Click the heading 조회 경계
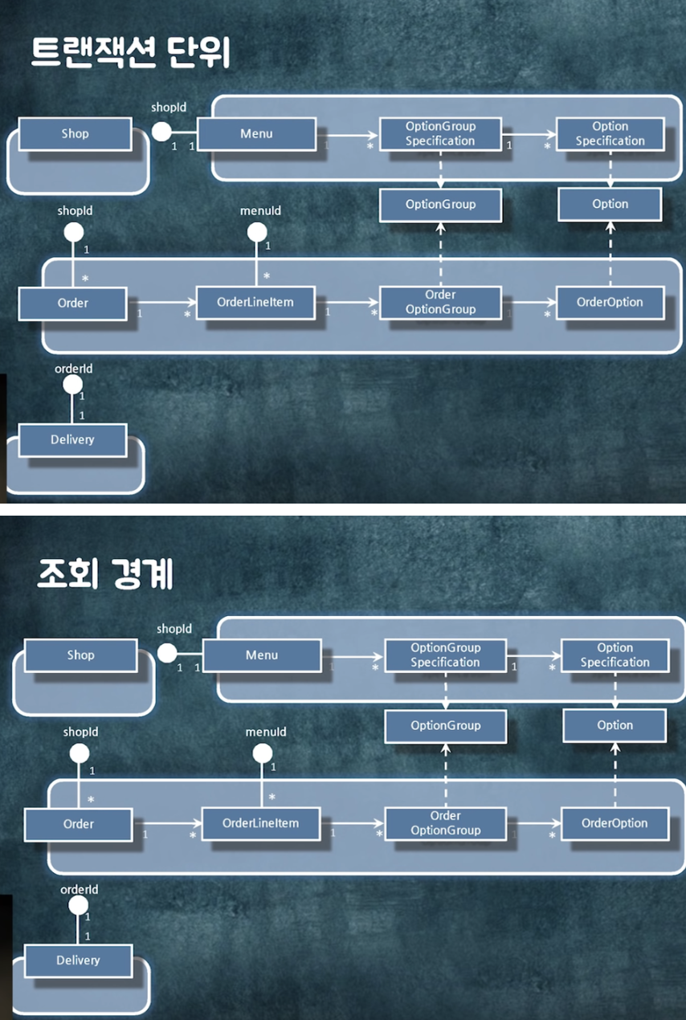click(x=105, y=575)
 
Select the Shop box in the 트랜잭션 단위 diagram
click(x=75, y=133)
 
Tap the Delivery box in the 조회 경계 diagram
click(x=78, y=961)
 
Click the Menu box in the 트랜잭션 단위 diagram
click(x=256, y=133)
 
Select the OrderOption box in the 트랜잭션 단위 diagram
click(x=610, y=303)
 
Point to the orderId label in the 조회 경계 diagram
click(x=80, y=890)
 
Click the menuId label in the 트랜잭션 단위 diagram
click(x=260, y=210)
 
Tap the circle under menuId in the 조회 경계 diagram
click(x=263, y=754)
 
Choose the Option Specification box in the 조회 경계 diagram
click(x=615, y=655)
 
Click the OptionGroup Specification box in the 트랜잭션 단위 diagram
click(x=440, y=133)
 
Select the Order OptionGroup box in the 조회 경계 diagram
click(x=445, y=823)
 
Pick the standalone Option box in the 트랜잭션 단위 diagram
click(x=610, y=204)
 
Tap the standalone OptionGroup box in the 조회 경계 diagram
click(x=445, y=725)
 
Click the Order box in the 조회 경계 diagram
click(x=78, y=824)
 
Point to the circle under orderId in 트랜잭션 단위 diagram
click(x=73, y=385)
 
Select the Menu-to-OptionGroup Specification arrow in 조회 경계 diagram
click(x=353, y=656)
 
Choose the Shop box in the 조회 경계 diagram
click(x=80, y=655)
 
